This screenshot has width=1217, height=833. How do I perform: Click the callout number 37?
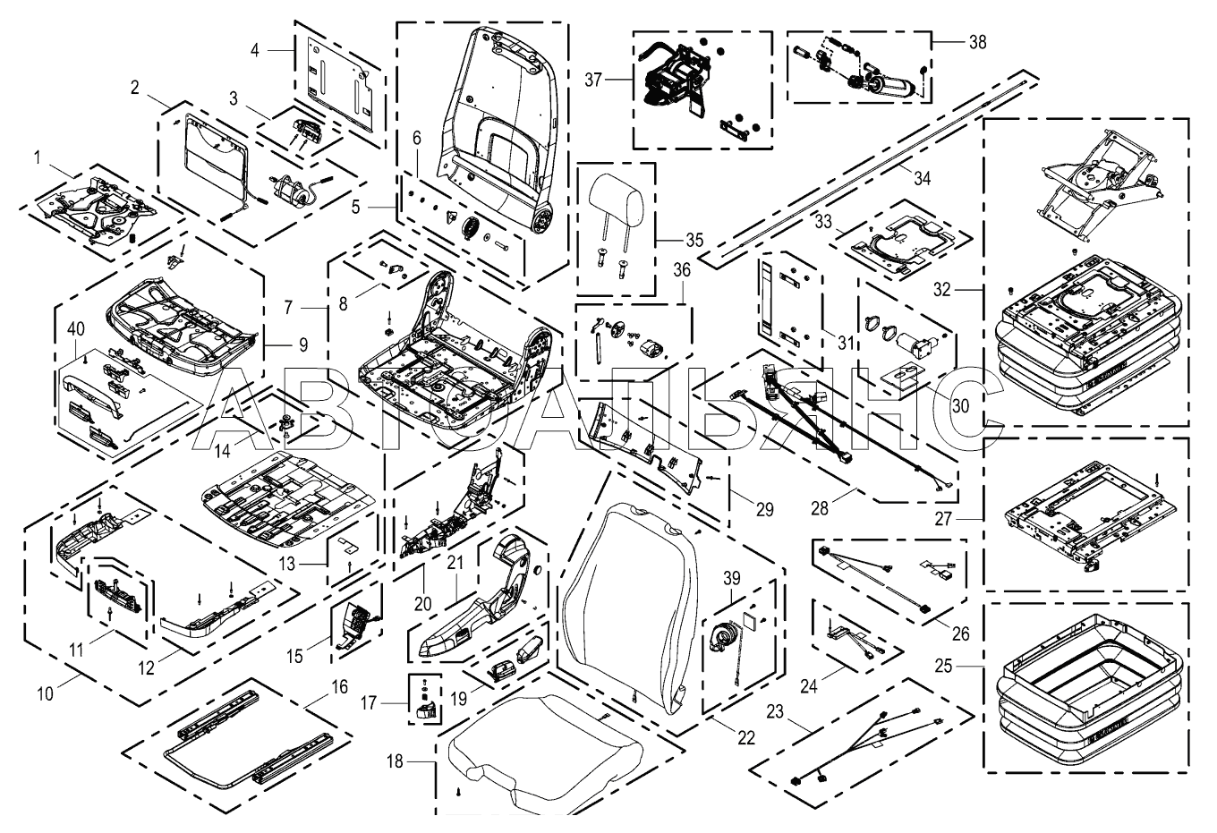click(x=592, y=80)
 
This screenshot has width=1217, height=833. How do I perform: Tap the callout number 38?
click(x=977, y=42)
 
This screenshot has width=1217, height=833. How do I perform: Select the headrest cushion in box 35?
click(x=616, y=196)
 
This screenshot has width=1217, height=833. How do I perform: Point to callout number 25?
click(x=944, y=666)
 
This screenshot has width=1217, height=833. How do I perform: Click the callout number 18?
click(x=395, y=761)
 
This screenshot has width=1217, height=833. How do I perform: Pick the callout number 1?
click(x=37, y=158)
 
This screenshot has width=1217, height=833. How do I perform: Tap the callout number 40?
click(x=76, y=328)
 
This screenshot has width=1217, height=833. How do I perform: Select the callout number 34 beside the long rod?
click(x=922, y=178)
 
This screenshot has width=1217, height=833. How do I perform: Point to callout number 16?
click(x=339, y=687)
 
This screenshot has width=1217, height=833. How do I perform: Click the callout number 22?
click(x=746, y=738)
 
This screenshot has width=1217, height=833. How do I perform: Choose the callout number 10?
click(x=46, y=694)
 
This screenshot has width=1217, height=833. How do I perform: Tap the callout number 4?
click(x=255, y=50)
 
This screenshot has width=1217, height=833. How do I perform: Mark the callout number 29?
click(x=764, y=509)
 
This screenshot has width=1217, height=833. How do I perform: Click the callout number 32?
click(x=941, y=290)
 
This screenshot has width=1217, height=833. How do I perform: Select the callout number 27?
click(x=943, y=519)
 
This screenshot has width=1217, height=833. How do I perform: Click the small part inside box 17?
click(x=426, y=710)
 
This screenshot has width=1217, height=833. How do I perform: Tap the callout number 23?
click(x=775, y=711)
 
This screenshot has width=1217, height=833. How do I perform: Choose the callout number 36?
click(x=682, y=270)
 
